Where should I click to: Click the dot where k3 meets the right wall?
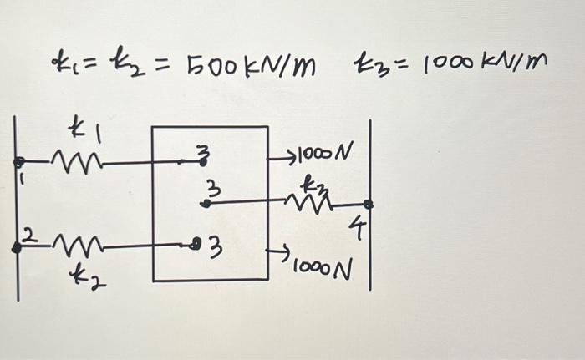(x=368, y=204)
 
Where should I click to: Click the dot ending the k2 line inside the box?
(x=195, y=245)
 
